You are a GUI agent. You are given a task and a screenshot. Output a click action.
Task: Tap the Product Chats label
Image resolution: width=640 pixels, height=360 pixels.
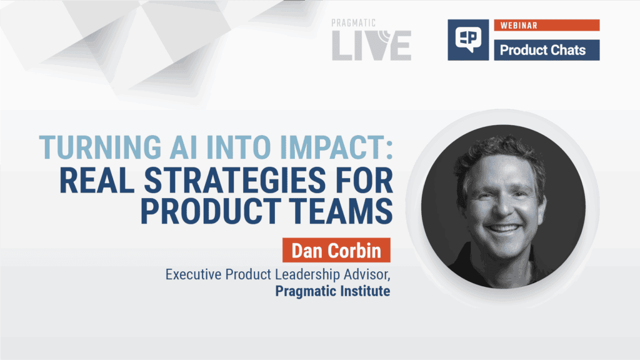click(542, 50)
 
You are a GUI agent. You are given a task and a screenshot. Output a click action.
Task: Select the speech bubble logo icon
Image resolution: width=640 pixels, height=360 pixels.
click(468, 39)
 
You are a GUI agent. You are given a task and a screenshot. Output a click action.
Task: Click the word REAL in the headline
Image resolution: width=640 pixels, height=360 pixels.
click(97, 180)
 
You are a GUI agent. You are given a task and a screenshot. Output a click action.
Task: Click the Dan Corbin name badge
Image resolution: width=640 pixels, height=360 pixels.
click(336, 251)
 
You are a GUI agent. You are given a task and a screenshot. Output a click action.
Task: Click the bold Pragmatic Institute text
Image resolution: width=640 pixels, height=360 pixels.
click(332, 291)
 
